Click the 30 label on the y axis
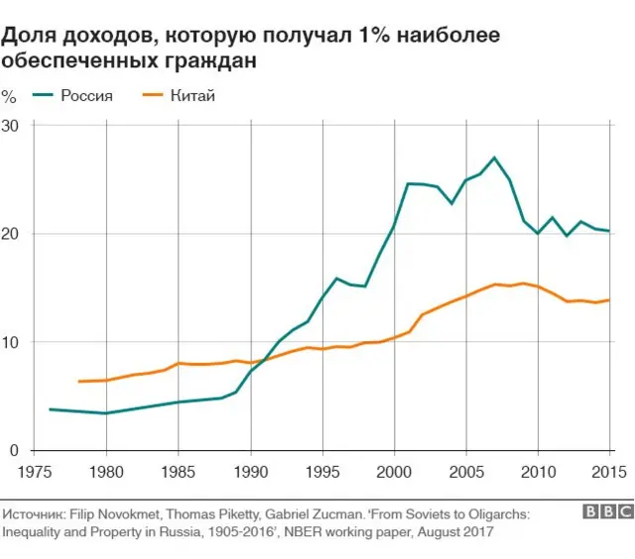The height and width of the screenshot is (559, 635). pos(12,126)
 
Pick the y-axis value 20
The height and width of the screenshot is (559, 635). pos(12,234)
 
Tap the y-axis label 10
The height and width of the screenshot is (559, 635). pos(12,342)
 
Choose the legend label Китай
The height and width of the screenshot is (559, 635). pos(192,96)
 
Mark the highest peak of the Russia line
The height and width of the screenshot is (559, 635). pos(494,158)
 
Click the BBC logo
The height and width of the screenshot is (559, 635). pos(607,513)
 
